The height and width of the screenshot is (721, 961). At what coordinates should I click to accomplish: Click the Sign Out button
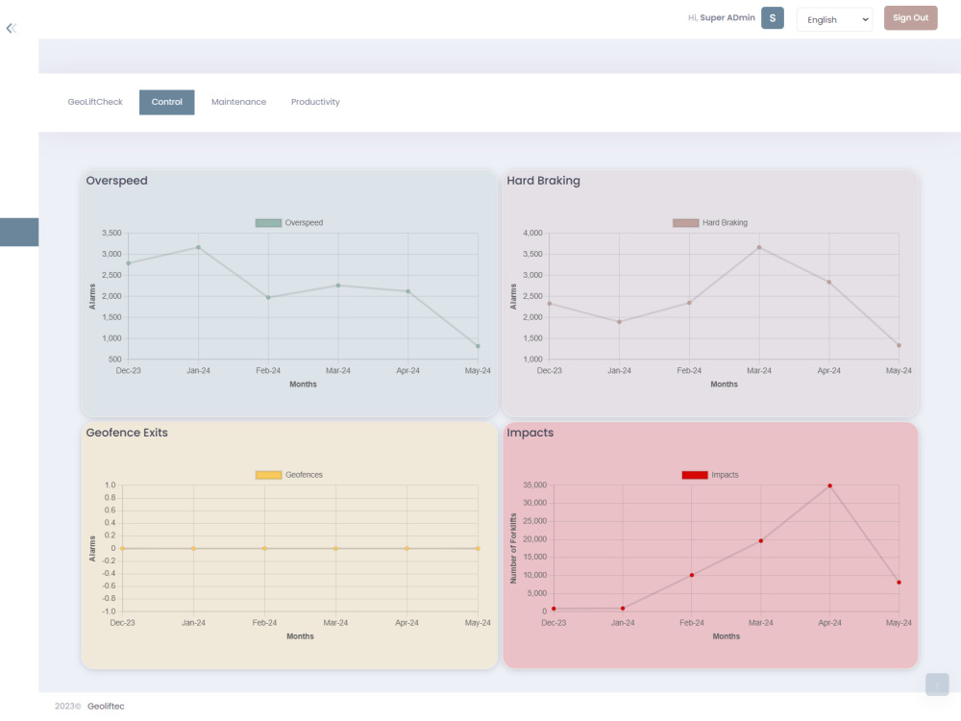click(910, 17)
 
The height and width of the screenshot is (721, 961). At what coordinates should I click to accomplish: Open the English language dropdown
click(834, 19)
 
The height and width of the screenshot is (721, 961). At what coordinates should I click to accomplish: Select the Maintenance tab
click(238, 102)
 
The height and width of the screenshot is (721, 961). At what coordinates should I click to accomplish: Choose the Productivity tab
click(315, 102)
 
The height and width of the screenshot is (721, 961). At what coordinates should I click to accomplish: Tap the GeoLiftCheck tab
click(95, 102)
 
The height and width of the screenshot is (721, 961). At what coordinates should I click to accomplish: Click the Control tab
click(166, 102)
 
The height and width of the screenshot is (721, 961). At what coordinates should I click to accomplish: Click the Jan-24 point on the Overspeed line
click(198, 247)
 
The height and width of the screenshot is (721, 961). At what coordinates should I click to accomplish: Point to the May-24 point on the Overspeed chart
click(478, 346)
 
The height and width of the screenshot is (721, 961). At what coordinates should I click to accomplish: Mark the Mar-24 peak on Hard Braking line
click(759, 247)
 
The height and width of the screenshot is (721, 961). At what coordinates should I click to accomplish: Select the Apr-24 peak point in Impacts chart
click(830, 485)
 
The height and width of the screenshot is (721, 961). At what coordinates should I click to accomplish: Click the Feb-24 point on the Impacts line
click(691, 575)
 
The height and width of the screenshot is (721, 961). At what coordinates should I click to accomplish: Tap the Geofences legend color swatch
click(268, 475)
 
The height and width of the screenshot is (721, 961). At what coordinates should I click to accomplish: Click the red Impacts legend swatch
click(695, 475)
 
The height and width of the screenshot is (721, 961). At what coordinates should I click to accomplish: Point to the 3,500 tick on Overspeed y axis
click(111, 233)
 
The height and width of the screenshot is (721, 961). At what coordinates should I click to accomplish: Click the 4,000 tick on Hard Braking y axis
click(532, 233)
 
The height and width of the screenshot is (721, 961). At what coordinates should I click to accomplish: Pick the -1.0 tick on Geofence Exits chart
click(109, 611)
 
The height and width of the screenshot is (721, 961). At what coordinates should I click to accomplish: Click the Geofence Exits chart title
click(127, 433)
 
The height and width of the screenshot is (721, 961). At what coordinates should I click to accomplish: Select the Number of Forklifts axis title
click(513, 548)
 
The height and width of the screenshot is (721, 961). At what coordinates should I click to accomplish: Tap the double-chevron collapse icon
click(11, 28)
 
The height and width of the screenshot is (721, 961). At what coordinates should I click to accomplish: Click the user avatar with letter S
click(773, 17)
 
